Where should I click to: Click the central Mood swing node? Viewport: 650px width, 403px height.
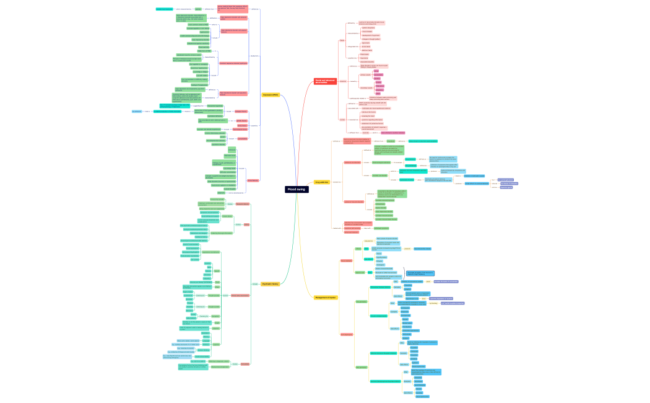[297, 189]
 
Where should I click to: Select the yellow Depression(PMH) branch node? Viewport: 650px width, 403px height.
[271, 95]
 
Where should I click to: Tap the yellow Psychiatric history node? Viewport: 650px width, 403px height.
[270, 284]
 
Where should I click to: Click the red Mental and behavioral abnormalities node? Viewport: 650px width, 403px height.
[326, 81]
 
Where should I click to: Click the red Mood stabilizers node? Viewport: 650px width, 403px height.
[346, 260]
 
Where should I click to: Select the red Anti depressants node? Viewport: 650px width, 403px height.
[347, 335]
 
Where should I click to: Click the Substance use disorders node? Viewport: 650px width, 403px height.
[352, 162]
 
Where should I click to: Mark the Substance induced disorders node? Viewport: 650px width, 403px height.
[354, 201]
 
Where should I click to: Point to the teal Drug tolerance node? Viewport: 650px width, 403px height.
[410, 159]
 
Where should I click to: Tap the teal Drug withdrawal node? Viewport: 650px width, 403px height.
[410, 166]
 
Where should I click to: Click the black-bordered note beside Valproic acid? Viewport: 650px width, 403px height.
[421, 273]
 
